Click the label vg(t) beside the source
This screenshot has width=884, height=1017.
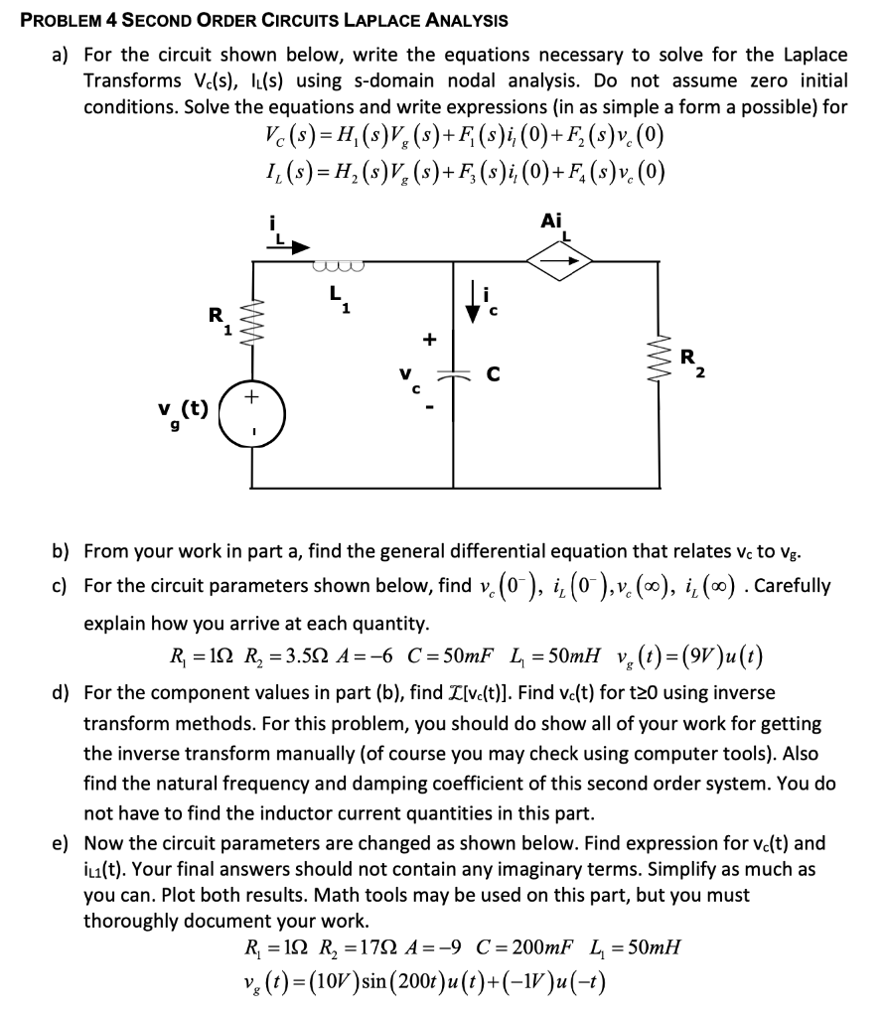click(182, 410)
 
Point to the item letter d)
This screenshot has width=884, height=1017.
click(62, 691)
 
